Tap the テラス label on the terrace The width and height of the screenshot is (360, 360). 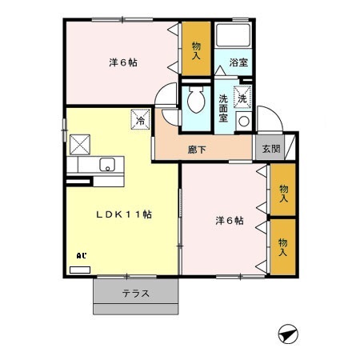click(136, 293)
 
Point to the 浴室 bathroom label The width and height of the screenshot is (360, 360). click(238, 62)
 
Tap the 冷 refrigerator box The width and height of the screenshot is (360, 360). click(139, 121)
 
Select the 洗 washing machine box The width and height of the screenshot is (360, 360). click(243, 96)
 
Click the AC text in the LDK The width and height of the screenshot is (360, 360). click(81, 256)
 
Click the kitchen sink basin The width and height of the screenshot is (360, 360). click(106, 166)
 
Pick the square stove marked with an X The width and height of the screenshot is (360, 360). click(79, 145)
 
